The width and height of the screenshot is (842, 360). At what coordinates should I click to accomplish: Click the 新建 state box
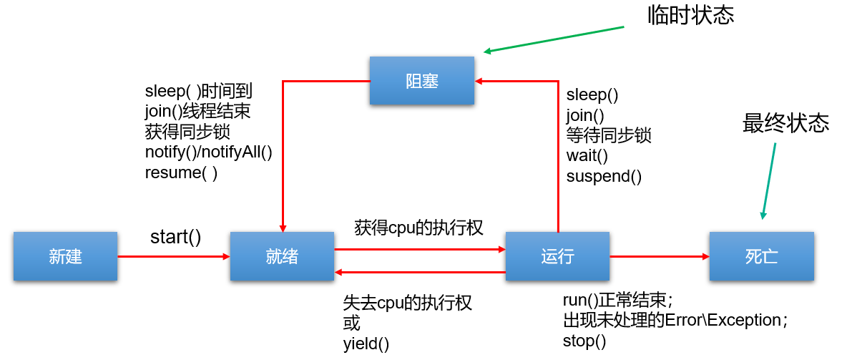click(65, 256)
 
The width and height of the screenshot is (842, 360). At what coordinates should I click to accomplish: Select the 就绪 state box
click(282, 256)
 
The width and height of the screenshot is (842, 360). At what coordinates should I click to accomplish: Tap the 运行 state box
click(557, 256)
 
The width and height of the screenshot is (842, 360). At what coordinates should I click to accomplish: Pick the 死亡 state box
click(761, 256)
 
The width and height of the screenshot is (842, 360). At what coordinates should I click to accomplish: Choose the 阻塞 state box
click(422, 81)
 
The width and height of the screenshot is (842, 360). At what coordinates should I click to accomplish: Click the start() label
click(175, 236)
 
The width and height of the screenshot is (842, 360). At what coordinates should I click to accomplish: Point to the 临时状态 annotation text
click(690, 16)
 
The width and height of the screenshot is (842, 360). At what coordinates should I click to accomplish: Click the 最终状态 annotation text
click(785, 124)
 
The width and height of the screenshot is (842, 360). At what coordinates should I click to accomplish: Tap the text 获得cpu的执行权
click(418, 228)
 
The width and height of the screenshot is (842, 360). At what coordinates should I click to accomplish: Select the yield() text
click(366, 344)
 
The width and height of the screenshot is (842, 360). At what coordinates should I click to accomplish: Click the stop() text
click(584, 341)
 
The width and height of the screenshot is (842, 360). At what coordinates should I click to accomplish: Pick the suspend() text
click(604, 176)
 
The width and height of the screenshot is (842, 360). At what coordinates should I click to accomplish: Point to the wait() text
click(587, 155)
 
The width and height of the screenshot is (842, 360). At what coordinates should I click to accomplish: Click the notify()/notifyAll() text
click(209, 152)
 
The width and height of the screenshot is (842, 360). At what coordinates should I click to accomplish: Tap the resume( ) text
click(181, 172)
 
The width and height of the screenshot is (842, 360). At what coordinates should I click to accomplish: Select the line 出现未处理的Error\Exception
click(675, 320)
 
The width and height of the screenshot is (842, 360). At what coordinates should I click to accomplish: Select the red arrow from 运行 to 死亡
click(659, 256)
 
